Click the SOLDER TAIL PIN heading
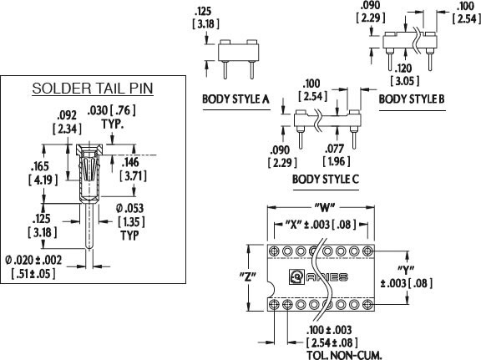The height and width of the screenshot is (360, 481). pyautogui.click(x=93, y=89)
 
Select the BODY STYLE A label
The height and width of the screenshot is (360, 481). pyautogui.click(x=235, y=99)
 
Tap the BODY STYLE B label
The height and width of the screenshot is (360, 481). pyautogui.click(x=412, y=99)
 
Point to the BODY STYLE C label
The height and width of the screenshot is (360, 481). pyautogui.click(x=326, y=180)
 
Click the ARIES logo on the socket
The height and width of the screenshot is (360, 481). pyautogui.click(x=318, y=276)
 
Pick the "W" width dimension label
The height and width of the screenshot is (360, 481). pyautogui.click(x=325, y=208)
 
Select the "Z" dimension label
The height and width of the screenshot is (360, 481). pyautogui.click(x=247, y=277)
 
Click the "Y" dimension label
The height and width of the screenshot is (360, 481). pyautogui.click(x=406, y=270)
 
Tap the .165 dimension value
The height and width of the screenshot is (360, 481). pyautogui.click(x=40, y=166)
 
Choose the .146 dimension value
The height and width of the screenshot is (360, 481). pyautogui.click(x=130, y=162)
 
